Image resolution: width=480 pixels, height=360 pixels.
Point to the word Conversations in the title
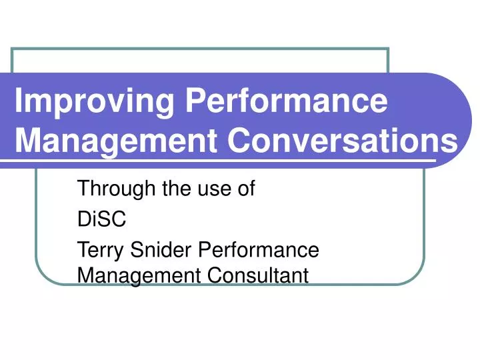pyautogui.click(x=340, y=141)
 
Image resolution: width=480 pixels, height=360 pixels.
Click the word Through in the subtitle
pyautogui.click(x=117, y=189)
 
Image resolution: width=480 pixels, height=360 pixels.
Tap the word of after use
pyautogui.click(x=245, y=189)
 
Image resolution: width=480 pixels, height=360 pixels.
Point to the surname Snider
pyautogui.click(x=155, y=251)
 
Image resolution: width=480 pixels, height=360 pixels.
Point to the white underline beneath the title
pyautogui.click(x=220, y=161)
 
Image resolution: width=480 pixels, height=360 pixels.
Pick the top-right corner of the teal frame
pyautogui.click(x=387, y=49)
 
